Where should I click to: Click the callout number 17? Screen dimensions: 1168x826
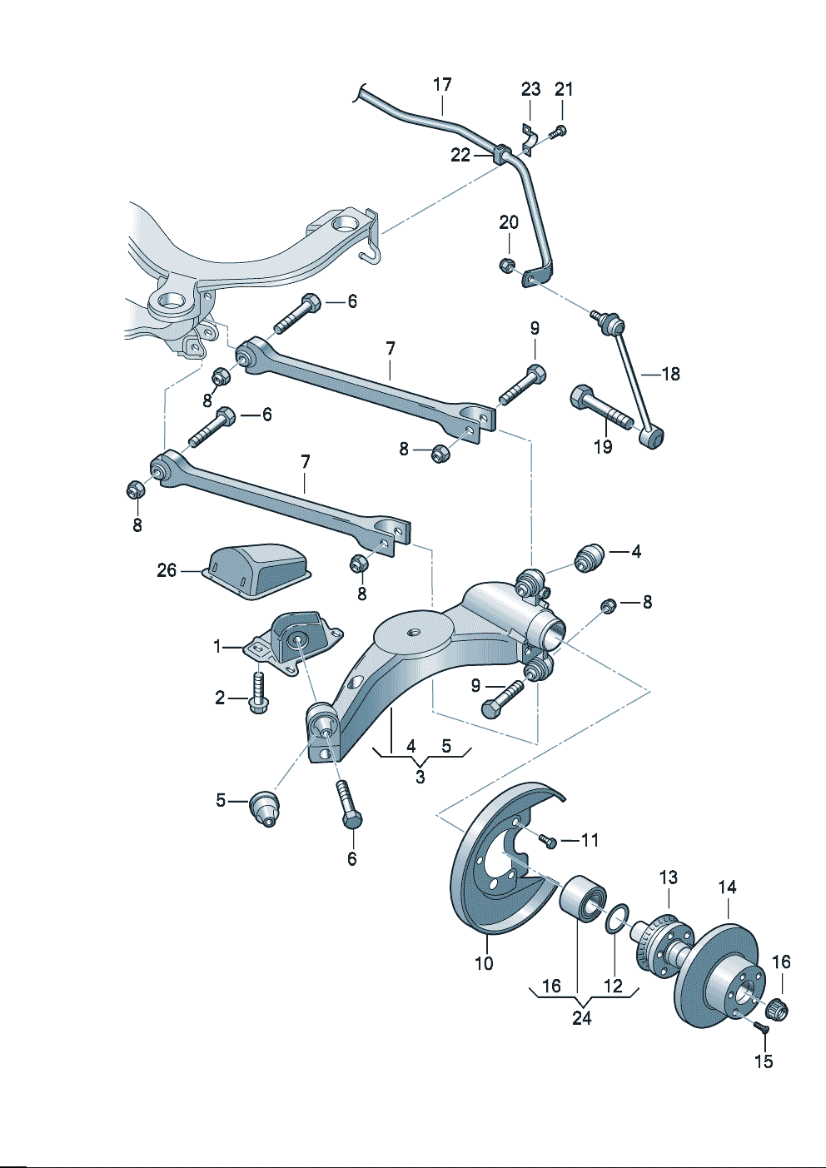[442, 85]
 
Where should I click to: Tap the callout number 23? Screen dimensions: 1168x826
[530, 89]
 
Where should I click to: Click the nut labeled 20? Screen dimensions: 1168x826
[506, 266]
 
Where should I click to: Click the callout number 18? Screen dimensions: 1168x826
[670, 374]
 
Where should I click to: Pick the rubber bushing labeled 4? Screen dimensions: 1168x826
[590, 558]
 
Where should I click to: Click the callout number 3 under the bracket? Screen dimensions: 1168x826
[420, 777]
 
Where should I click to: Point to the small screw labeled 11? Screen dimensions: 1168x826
[548, 842]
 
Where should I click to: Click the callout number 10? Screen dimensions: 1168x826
[484, 963]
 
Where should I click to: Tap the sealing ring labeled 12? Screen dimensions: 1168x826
[615, 921]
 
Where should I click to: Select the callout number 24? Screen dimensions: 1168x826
[581, 1017]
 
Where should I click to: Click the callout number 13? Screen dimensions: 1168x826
[669, 877]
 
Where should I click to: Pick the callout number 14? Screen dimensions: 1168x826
[727, 887]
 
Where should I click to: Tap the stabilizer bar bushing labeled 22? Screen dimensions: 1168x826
[500, 153]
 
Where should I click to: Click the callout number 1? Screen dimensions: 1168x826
[217, 646]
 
